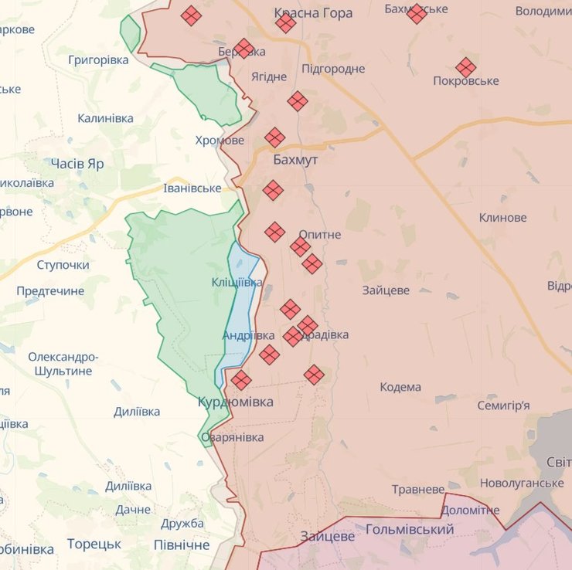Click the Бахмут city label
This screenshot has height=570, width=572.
295,159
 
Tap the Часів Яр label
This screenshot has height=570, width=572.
77,164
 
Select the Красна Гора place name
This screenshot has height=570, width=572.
313,13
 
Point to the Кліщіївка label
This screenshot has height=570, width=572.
237,283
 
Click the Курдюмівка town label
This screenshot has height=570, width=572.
235,402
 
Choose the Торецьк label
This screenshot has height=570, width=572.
94,544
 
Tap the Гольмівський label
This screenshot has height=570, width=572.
409,529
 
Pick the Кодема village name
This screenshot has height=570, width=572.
400,387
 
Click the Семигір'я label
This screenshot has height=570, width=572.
503,405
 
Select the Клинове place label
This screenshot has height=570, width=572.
502,218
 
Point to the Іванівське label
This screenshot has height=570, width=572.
192,188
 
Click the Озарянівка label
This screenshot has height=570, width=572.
232,437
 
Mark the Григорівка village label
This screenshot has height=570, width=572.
98,59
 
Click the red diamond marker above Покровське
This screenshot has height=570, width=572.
466,67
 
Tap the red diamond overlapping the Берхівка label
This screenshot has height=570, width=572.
243,49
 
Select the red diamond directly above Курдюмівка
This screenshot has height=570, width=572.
241,380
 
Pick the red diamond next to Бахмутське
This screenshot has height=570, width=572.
417,14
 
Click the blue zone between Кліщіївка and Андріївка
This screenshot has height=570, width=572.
243,309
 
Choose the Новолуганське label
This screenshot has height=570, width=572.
522,483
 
